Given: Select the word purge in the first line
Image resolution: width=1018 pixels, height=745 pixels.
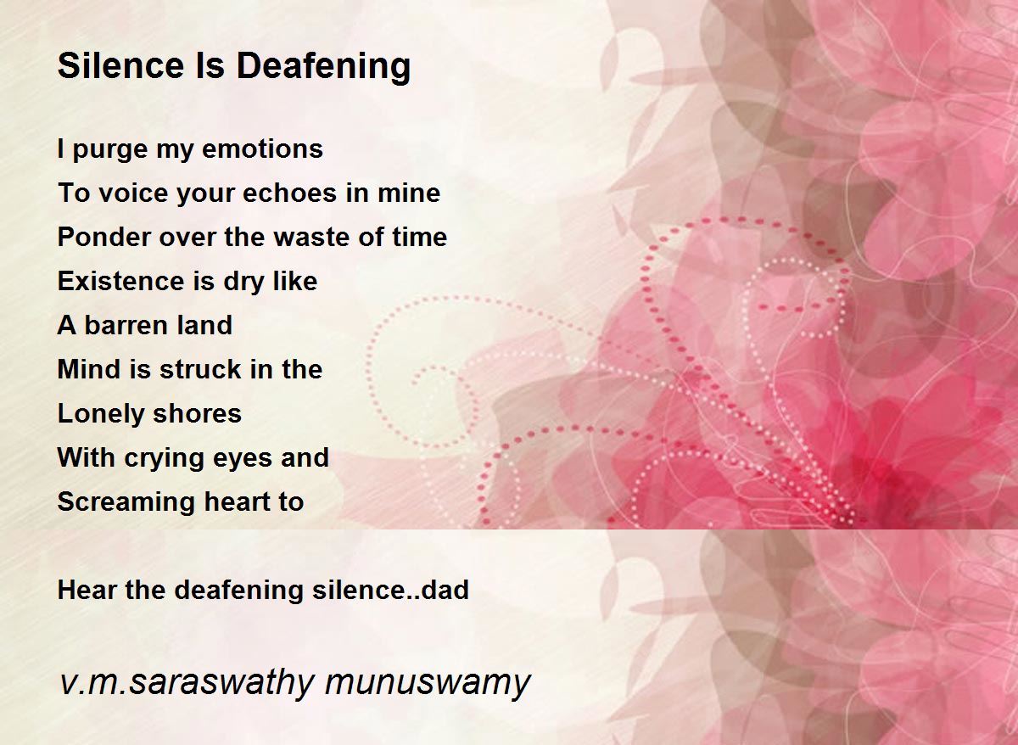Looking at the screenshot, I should click(104, 150).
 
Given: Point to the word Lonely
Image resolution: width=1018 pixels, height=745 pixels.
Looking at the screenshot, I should click(101, 414).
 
